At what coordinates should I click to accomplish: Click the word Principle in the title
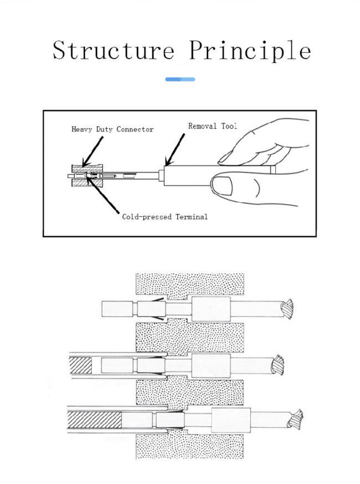click(x=249, y=50)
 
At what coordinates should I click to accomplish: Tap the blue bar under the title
click(x=180, y=79)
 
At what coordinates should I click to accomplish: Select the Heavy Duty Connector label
click(x=112, y=129)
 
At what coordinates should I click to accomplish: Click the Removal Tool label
click(x=212, y=126)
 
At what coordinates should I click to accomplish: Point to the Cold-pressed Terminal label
click(x=164, y=217)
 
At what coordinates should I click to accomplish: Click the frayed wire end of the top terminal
click(x=288, y=310)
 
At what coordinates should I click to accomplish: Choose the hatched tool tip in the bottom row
click(x=94, y=420)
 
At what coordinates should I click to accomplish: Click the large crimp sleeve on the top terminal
click(x=210, y=309)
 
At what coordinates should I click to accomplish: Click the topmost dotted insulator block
click(x=189, y=284)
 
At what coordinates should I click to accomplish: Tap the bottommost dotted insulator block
click(x=189, y=447)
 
